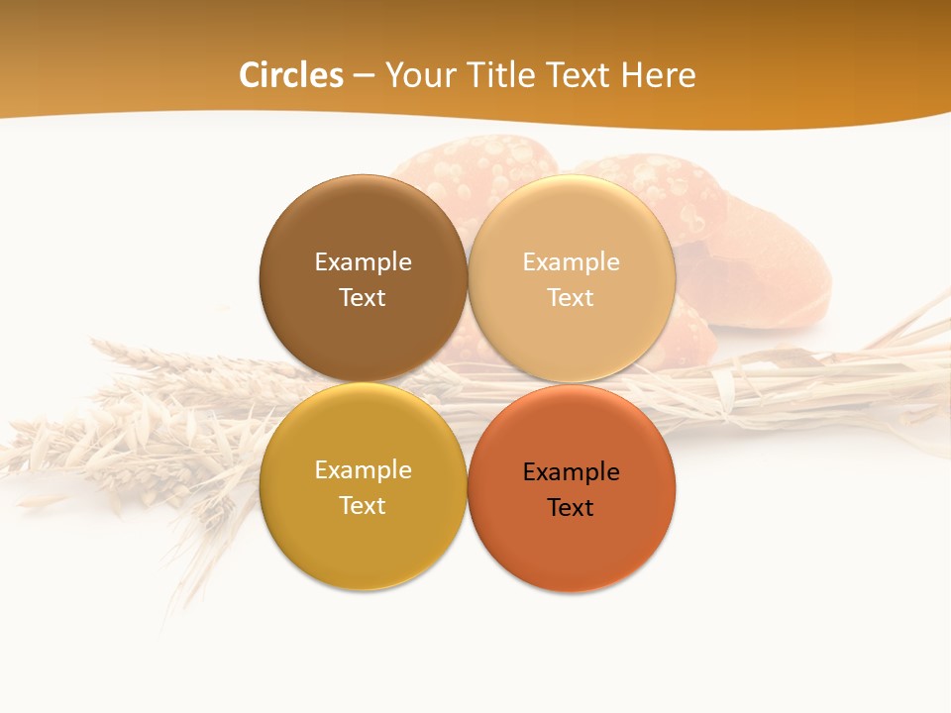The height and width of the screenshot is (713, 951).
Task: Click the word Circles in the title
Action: click(x=291, y=75)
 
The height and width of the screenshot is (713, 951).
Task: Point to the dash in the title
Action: click(x=364, y=76)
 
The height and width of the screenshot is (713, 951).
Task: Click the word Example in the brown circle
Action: click(x=363, y=262)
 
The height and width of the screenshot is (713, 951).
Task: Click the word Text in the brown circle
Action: click(x=363, y=298)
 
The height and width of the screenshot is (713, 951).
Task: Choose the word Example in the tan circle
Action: click(x=571, y=262)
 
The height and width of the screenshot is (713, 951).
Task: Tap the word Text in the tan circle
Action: click(x=571, y=298)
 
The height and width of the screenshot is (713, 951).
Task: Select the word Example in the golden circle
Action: click(x=363, y=470)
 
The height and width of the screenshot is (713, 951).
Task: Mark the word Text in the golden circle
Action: click(x=363, y=506)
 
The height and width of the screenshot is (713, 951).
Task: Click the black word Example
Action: click(x=571, y=472)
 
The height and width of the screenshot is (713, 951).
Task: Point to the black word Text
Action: click(x=571, y=508)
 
